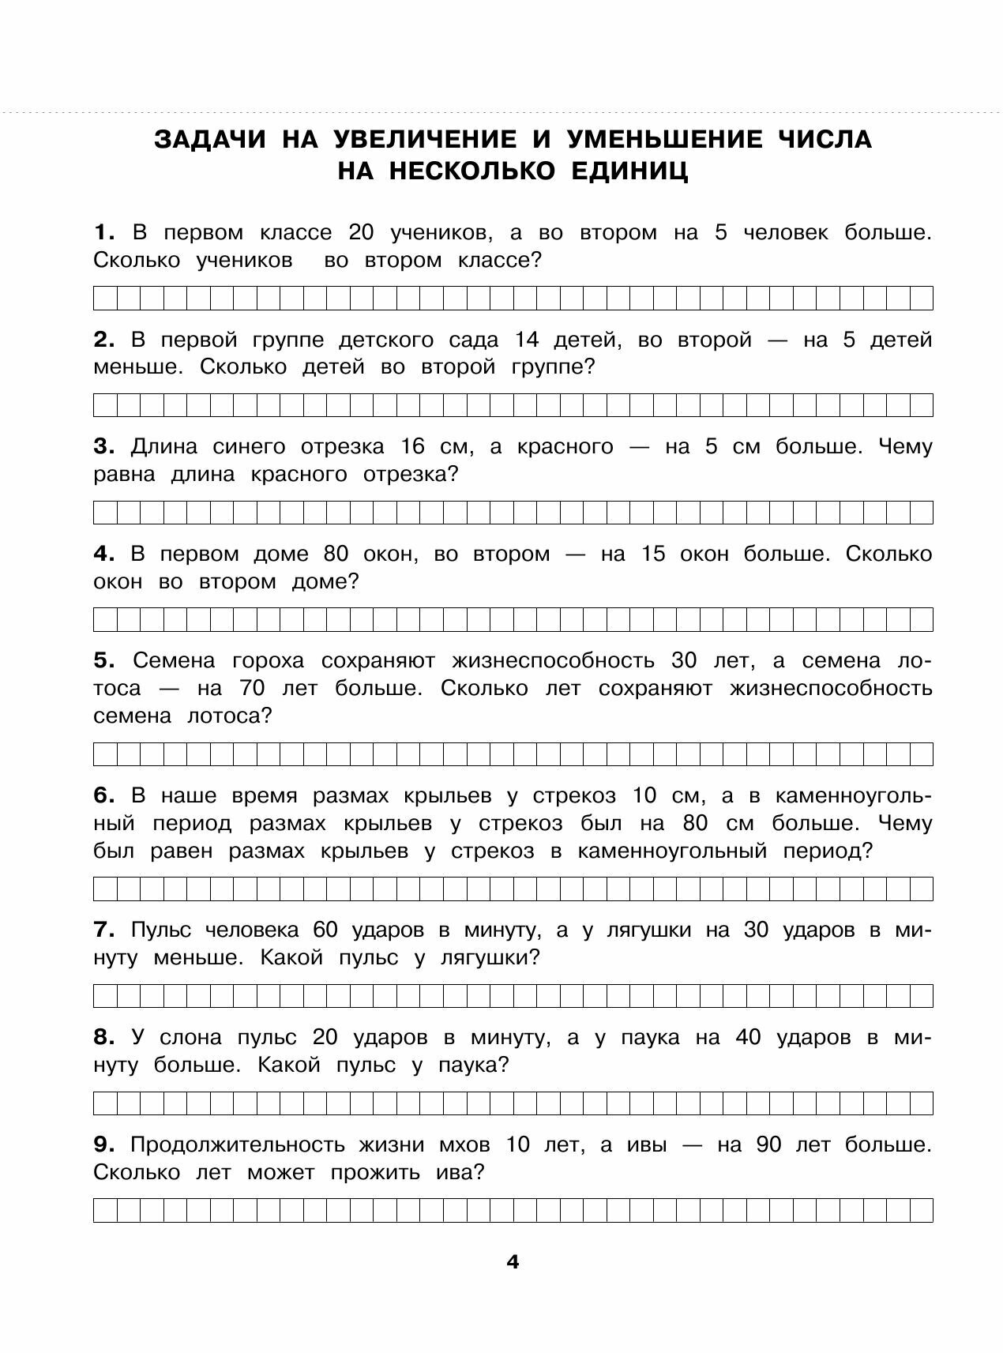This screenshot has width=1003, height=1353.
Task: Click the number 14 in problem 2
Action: pyautogui.click(x=526, y=340)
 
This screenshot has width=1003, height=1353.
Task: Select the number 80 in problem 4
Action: pyautogui.click(x=336, y=554)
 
